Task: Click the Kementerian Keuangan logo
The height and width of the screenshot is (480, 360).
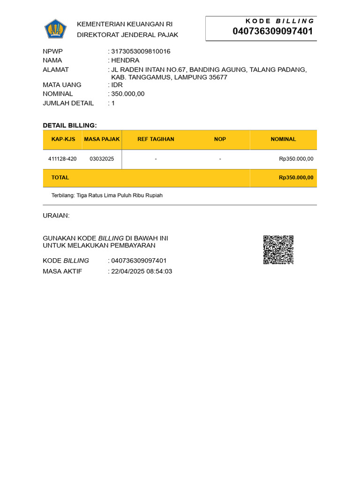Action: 56,29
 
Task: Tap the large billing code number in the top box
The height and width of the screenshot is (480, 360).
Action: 273,31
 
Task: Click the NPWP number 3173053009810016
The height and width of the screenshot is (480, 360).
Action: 141,51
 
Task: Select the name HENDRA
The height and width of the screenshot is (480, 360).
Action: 125,60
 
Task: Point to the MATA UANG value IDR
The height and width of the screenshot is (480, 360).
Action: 117,85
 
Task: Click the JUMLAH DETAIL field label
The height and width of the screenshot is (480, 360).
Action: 68,103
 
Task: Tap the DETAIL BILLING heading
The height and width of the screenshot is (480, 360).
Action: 70,125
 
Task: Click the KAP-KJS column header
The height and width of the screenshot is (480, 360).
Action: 63,139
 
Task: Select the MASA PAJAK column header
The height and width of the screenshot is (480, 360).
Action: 102,139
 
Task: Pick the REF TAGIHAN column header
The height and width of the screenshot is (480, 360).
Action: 156,139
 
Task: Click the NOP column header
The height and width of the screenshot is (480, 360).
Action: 220,139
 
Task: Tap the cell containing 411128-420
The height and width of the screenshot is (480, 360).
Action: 62,159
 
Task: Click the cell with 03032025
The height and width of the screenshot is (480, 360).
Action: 102,159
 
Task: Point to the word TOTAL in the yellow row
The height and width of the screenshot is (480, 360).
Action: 60,178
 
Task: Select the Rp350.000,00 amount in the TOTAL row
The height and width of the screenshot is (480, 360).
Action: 296,178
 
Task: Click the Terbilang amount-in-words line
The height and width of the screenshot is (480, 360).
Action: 107,195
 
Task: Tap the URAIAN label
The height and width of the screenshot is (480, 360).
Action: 56,216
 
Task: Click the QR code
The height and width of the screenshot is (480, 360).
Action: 278,250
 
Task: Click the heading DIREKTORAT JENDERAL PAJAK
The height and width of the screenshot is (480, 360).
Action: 127,35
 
